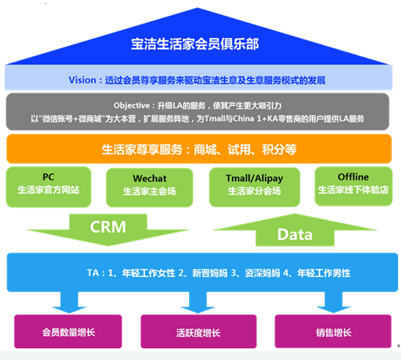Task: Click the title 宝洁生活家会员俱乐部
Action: click(195, 44)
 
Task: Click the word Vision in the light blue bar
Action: click(82, 80)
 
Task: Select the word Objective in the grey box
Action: click(131, 106)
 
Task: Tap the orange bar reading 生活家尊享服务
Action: click(199, 149)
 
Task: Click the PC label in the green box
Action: click(48, 176)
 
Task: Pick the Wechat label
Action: click(149, 179)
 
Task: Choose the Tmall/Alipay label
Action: click(255, 179)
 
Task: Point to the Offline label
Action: click(354, 176)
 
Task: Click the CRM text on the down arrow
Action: click(108, 227)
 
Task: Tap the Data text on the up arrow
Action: click(295, 234)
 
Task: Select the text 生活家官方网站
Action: click(48, 190)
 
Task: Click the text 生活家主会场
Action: click(149, 191)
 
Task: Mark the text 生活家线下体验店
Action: click(354, 190)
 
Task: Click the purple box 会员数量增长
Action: click(68, 332)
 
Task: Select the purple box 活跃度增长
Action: click(199, 332)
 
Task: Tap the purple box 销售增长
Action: click(333, 332)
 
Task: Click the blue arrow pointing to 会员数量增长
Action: click(70, 302)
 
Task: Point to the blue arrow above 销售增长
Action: click(334, 302)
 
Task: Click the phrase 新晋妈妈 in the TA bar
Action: click(210, 273)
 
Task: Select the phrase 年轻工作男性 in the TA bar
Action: click(323, 273)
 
